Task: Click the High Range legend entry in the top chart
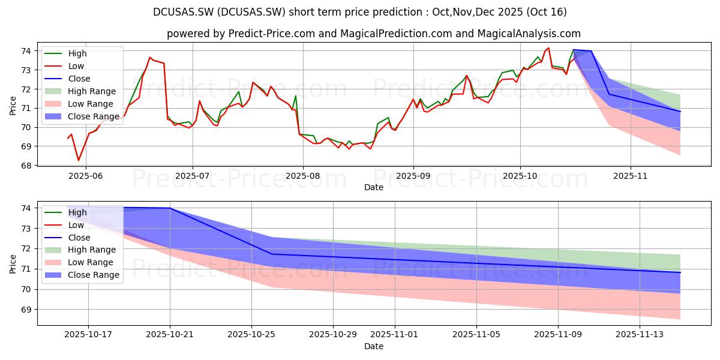[x=92, y=91]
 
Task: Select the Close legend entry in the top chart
[x=79, y=79]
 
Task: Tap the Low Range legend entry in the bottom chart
[x=91, y=262]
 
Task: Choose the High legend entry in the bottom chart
[x=77, y=212]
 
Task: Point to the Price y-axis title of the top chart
[x=13, y=105]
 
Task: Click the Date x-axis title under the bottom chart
[x=373, y=346]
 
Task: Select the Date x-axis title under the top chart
[x=373, y=187]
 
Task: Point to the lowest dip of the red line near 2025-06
[x=78, y=160]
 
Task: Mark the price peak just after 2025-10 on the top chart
[x=548, y=48]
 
